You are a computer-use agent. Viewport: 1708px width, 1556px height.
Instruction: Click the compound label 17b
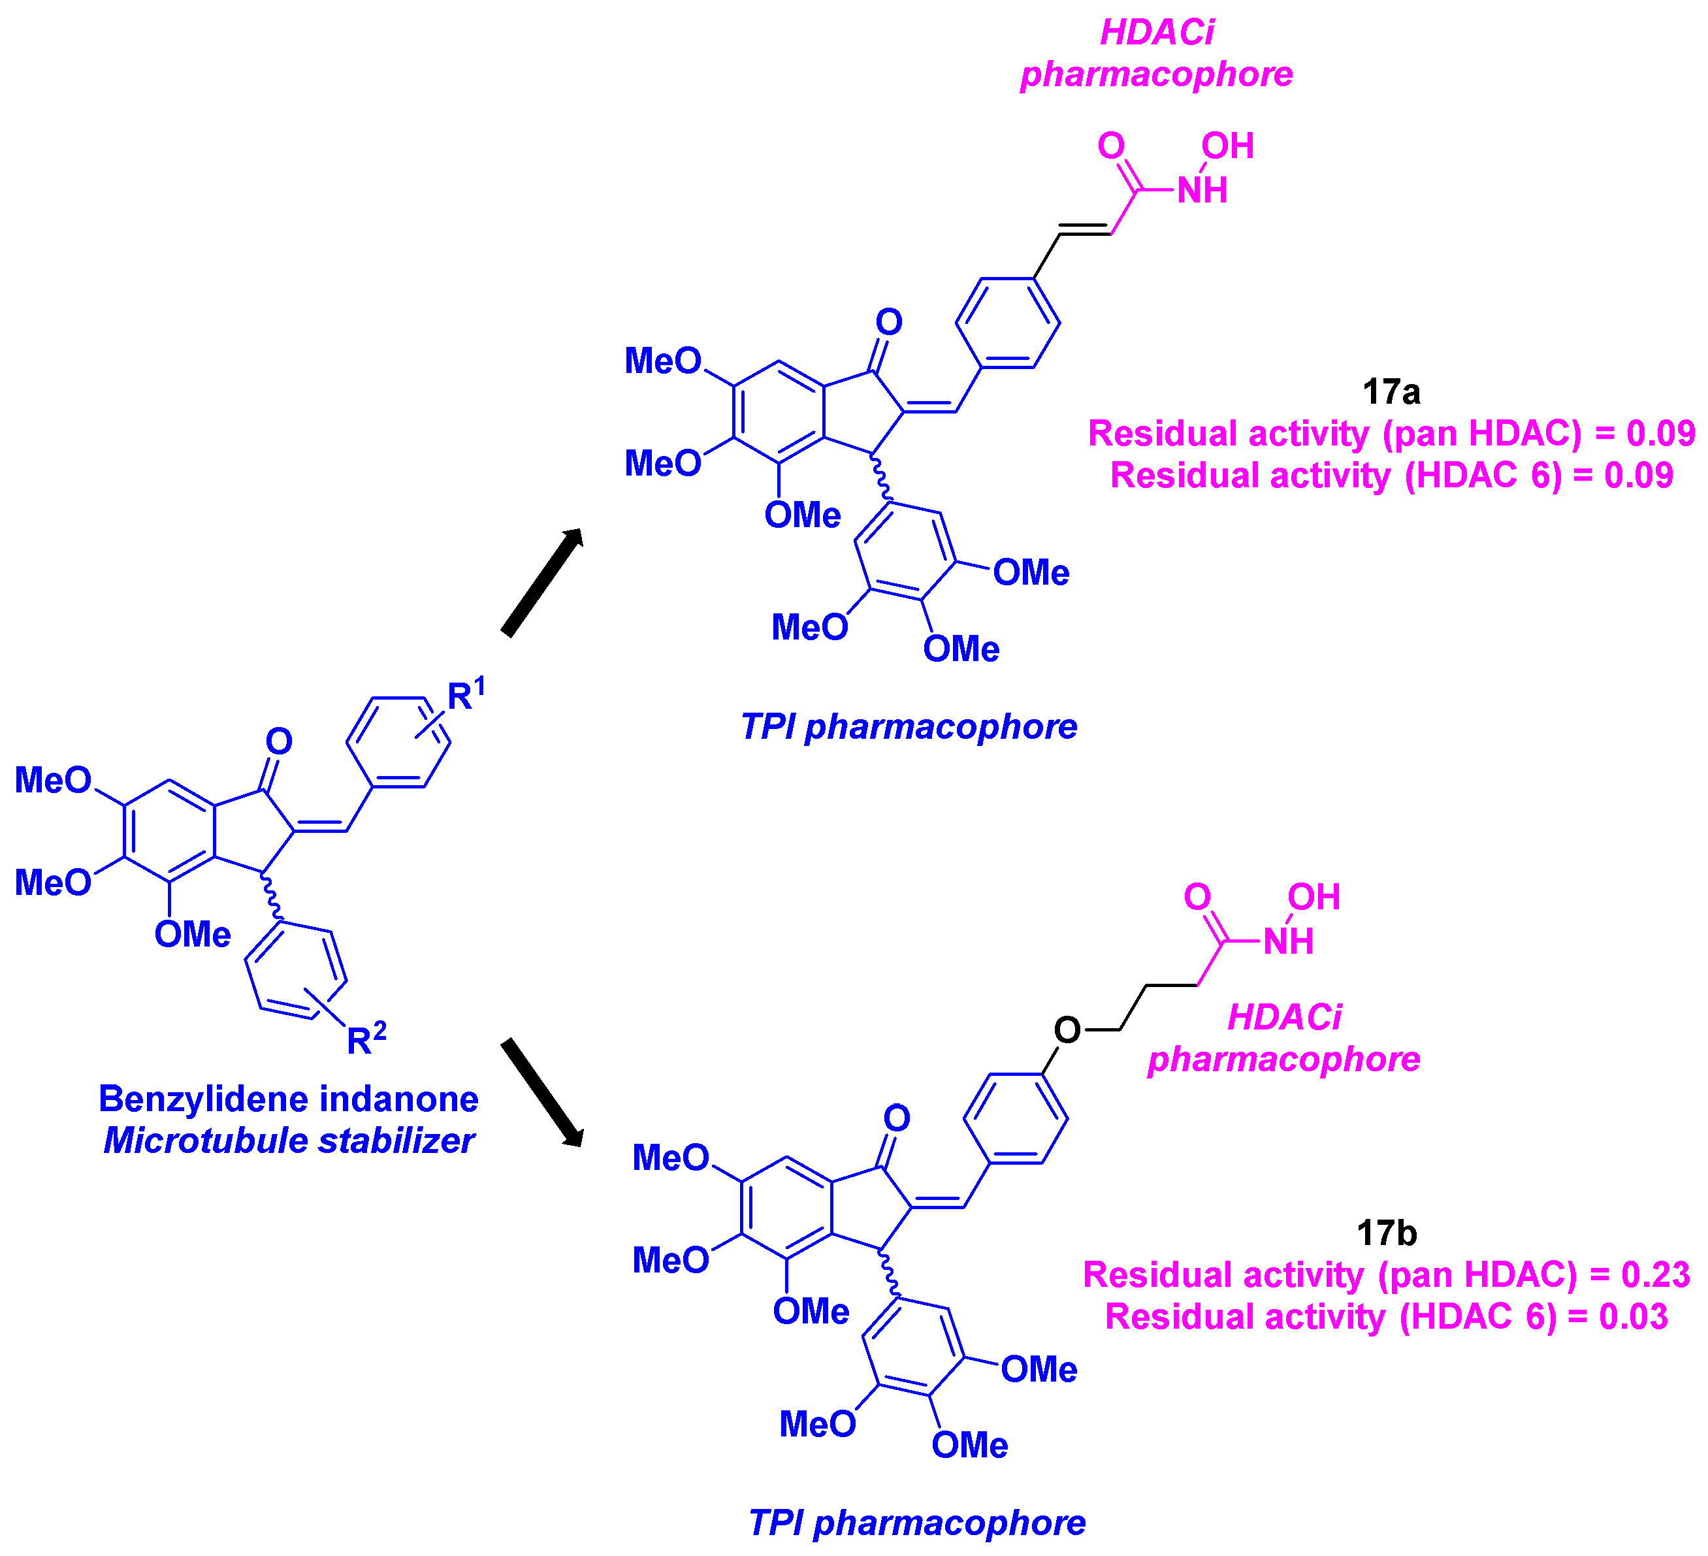1386,1233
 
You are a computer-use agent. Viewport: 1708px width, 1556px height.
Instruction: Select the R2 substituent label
366,1038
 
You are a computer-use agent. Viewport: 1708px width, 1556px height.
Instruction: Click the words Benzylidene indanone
288,1099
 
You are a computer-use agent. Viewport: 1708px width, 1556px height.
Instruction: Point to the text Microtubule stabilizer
288,1141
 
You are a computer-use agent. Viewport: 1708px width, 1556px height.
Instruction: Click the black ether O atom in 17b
1067,1029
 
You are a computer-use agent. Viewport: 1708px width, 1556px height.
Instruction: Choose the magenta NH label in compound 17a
1202,191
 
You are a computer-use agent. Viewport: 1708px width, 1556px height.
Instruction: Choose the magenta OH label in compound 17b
1313,897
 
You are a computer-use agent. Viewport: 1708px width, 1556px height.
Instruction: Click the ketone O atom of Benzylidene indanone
279,741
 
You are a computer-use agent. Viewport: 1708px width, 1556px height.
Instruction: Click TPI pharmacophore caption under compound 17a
909,726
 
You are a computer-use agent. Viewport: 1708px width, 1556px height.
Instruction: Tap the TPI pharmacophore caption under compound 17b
916,1523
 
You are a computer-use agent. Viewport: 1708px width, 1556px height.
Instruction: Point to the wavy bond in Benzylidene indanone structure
271,898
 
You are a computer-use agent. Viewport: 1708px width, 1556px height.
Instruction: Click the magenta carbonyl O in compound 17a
1111,146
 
